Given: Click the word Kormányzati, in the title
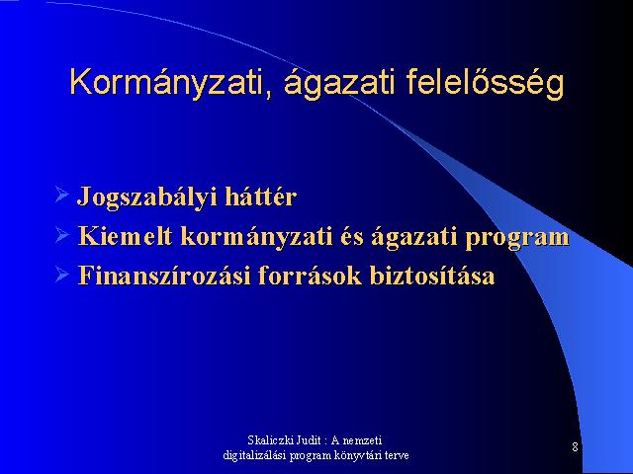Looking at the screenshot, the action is point(171,84).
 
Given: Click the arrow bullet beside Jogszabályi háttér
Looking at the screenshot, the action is point(61,195).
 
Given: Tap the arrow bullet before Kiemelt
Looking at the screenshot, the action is point(61,234).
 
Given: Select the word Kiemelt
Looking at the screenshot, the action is point(125,236).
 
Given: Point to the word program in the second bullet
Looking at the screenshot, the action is point(517,239).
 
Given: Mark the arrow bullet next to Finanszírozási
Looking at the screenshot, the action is point(61,275).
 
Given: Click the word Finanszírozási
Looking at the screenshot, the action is point(164,276).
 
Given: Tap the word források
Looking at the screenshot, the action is point(310,276).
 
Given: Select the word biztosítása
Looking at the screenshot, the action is point(432,276).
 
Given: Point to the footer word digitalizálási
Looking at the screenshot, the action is point(254,455).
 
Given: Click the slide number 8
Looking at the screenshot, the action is point(575,447).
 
